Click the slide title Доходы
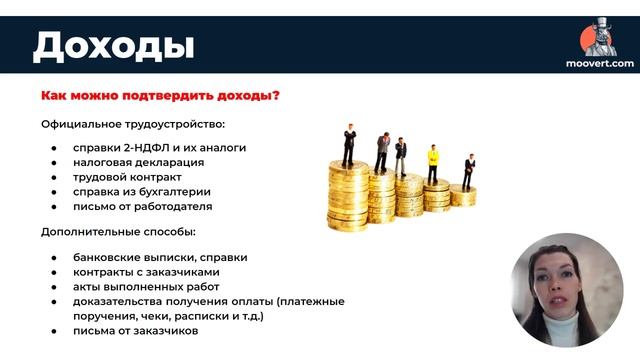point(113,45)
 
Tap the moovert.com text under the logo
point(599,63)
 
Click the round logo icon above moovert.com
point(598,38)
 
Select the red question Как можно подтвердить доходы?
point(160,96)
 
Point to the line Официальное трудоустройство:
point(133,124)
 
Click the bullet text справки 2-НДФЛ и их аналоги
point(159,148)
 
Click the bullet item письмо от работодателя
point(142,207)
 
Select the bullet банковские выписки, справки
point(160,257)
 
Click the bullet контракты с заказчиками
point(146,272)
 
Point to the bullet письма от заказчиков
point(135,330)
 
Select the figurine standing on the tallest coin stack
point(349,145)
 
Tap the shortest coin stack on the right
point(463,195)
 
